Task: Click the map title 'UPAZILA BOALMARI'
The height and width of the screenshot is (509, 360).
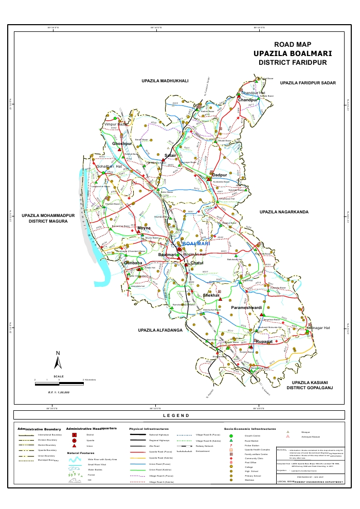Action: click(293, 53)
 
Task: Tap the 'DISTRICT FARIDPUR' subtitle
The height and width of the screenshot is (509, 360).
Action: click(293, 62)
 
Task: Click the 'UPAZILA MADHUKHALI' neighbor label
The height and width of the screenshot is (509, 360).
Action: click(165, 81)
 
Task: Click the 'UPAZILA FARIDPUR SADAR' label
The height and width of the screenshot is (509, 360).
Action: click(308, 83)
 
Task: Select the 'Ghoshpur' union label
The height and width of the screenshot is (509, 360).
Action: click(122, 143)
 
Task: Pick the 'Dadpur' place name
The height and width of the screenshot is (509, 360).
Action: click(220, 175)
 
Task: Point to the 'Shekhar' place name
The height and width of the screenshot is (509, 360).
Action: click(211, 296)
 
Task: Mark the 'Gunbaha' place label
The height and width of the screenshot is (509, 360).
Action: click(133, 263)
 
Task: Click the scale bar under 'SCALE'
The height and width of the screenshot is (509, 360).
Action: click(59, 381)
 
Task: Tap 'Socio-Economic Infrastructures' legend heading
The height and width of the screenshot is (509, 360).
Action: click(250, 428)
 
